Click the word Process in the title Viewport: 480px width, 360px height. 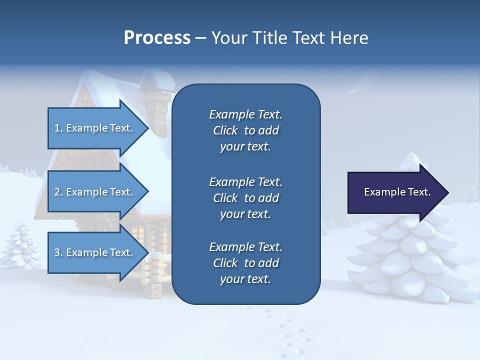click(x=157, y=38)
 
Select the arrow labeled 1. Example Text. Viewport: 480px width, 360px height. click(x=95, y=128)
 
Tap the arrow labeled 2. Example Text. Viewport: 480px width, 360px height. click(x=95, y=192)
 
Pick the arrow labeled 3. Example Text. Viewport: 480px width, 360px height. click(x=95, y=252)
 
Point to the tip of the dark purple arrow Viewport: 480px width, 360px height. click(x=447, y=192)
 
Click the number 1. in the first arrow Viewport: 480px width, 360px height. click(x=58, y=128)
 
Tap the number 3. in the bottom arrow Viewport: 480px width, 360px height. click(x=58, y=252)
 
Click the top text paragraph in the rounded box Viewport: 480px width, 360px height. click(x=245, y=130)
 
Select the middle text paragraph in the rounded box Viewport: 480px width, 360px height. click(x=245, y=197)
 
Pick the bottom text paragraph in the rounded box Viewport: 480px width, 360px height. click(x=245, y=263)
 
